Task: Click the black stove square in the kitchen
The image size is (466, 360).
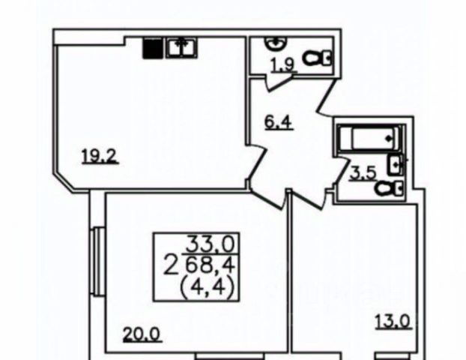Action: coord(153,47)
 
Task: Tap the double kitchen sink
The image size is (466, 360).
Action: coord(181,47)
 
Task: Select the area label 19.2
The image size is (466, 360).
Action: coord(97,157)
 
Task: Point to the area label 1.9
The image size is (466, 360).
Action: coord(282,64)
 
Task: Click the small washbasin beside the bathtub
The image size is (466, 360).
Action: coord(396,163)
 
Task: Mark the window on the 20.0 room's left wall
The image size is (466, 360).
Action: coord(97,255)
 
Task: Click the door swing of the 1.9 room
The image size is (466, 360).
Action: coord(282,83)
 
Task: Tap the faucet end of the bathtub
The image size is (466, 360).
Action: coord(389,138)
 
